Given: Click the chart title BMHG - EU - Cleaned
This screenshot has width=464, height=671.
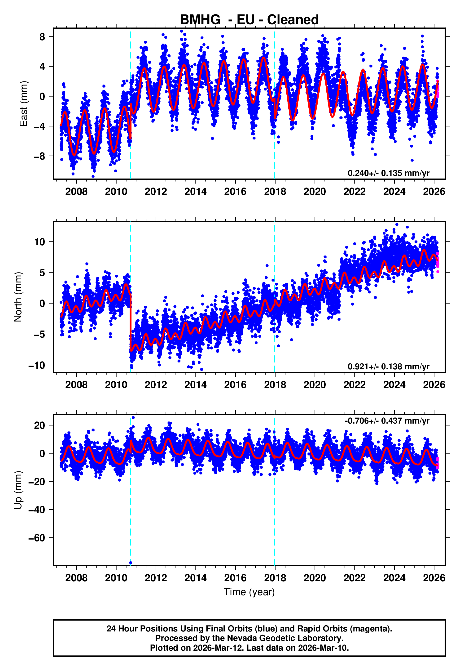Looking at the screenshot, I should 249,20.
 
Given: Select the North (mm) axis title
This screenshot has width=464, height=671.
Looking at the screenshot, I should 18,297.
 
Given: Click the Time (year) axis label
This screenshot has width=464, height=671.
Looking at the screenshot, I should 249,592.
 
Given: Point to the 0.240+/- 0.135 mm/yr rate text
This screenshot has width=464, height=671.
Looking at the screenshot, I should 388,173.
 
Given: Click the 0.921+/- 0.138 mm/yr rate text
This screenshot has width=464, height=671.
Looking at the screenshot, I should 388,366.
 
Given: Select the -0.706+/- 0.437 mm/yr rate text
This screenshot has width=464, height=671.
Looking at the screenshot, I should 387,421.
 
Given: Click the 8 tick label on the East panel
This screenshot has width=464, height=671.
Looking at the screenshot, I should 42,37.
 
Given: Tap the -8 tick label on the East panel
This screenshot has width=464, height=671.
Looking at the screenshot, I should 39,156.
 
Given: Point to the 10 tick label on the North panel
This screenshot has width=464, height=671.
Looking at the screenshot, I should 39,242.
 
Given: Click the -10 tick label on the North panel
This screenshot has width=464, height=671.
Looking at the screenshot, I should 37,365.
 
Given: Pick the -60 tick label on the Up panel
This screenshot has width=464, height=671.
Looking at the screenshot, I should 37,538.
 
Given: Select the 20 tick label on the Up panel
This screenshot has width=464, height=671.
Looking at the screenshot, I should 39,425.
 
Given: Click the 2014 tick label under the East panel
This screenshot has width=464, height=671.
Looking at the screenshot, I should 195,192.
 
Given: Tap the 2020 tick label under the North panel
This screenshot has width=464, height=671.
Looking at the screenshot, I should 315,385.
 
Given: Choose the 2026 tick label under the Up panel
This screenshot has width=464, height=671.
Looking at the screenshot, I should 434,578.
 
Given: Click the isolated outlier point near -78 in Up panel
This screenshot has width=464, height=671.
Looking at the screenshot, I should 131,563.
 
